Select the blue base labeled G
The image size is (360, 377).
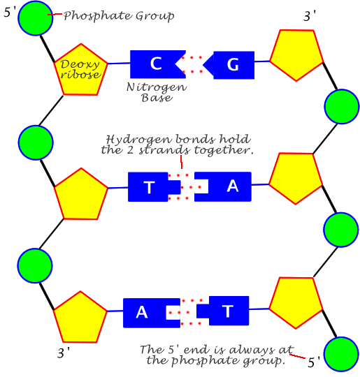point(231,65)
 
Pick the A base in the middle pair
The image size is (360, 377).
point(226,186)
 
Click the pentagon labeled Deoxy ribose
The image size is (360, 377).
point(81,70)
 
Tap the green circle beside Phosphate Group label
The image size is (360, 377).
point(36,18)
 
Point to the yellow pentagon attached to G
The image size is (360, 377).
point(296,55)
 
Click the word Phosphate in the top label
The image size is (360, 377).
point(98,16)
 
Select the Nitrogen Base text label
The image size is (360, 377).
point(157,92)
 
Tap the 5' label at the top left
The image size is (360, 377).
point(10,12)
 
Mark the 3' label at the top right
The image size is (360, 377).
point(310,16)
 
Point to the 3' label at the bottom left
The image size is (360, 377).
point(64,353)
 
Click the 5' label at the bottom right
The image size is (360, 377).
point(314,362)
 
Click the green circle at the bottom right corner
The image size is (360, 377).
point(341,355)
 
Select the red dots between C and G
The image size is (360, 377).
point(192,64)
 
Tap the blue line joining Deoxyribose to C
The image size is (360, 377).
point(119,64)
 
